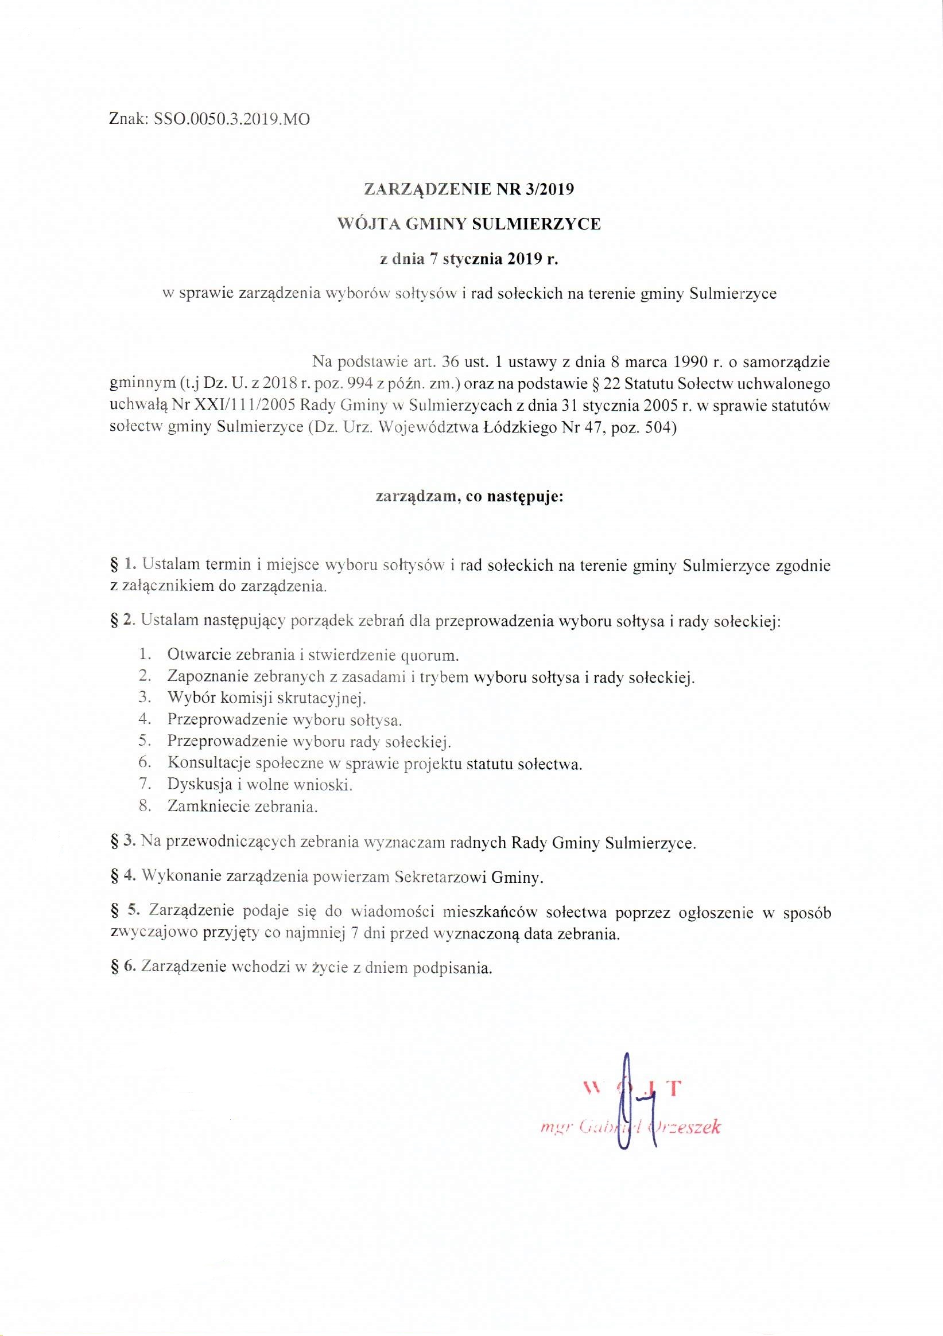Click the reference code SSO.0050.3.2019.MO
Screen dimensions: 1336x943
click(232, 120)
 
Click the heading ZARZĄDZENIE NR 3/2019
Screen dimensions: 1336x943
click(469, 189)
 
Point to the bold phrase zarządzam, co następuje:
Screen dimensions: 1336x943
click(469, 497)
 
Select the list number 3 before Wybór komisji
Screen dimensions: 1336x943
click(145, 696)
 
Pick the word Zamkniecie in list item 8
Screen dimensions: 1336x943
click(204, 807)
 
